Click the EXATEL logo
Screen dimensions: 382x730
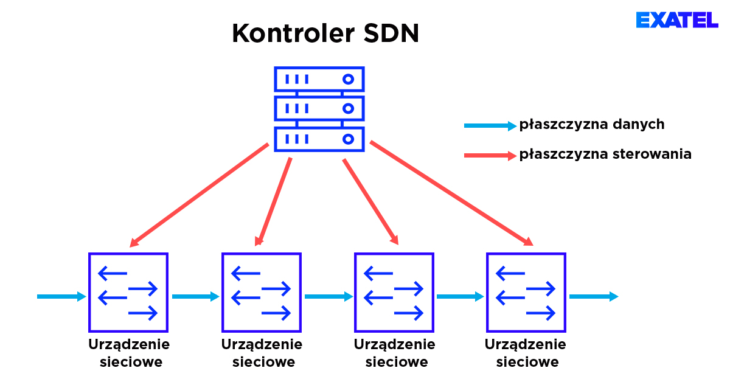click(x=677, y=20)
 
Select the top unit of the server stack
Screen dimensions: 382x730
click(x=319, y=79)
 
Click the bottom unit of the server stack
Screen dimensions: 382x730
click(x=319, y=139)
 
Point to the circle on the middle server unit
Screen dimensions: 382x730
click(x=348, y=109)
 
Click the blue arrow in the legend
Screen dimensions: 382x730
click(x=489, y=126)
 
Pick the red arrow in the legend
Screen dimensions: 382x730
click(x=489, y=156)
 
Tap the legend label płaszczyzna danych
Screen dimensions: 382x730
click(x=591, y=125)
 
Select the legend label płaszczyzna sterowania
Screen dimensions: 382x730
click(x=605, y=154)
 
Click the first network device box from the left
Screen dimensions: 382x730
click(x=128, y=293)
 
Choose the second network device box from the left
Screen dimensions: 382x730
click(x=261, y=293)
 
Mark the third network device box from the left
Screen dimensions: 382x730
click(x=394, y=293)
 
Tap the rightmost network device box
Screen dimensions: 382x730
click(x=526, y=293)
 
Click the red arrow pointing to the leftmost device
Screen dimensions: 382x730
click(x=199, y=195)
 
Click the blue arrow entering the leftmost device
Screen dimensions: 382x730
click(x=61, y=297)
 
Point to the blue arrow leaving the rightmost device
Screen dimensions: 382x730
click(x=593, y=297)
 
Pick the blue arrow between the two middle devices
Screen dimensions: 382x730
click(x=328, y=297)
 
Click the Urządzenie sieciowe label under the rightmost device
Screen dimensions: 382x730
click(x=526, y=353)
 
